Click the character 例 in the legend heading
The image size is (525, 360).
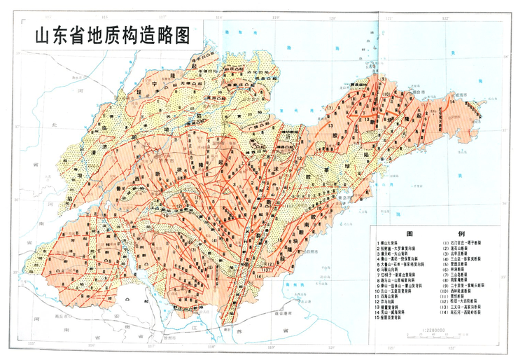click(460, 235)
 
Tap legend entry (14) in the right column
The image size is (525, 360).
click(465, 312)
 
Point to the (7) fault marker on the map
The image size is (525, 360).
click(328, 106)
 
